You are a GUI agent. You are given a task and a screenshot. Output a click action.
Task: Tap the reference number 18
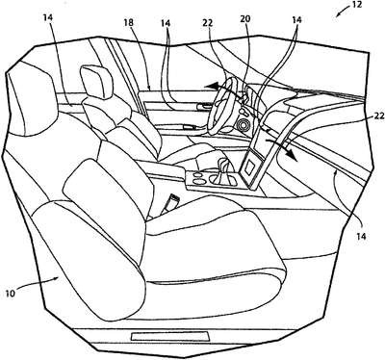pos(129,23)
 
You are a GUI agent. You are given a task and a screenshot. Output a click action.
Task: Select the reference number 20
pos(244,19)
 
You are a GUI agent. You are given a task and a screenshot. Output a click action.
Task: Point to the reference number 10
pos(11,294)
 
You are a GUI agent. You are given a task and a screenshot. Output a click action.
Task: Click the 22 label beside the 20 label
pos(208,23)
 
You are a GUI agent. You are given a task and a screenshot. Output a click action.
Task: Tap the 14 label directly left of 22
pos(166,23)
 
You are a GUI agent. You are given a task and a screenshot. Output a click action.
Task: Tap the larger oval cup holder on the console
pos(199,182)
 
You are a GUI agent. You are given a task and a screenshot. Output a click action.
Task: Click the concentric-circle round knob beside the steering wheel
pos(243,125)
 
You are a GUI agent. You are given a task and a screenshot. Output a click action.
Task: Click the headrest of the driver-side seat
pos(97,82)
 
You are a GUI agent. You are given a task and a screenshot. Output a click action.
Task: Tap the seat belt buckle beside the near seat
pos(170,204)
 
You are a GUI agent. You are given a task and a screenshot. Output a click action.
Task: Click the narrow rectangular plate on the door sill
pos(170,336)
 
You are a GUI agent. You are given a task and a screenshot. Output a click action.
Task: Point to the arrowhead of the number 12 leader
pos(338,14)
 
